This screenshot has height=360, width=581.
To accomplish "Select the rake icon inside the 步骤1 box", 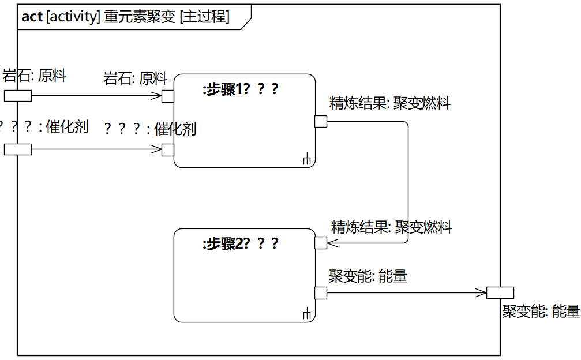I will coord(307,159).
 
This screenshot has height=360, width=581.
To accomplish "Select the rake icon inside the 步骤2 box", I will coord(307,313).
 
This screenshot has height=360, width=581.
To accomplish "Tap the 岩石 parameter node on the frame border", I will coord(18,96).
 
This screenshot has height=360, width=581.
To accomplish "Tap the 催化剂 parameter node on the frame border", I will coord(18,149).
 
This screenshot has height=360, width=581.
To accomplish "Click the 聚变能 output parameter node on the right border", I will coord(500,292).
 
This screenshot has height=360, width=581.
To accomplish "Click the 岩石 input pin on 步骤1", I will coord(168,96).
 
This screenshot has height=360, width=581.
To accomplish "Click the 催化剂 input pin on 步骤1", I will coord(168,149).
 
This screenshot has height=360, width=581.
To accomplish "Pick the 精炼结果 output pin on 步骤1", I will coord(321,121).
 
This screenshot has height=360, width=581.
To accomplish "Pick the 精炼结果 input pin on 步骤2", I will coord(321,243).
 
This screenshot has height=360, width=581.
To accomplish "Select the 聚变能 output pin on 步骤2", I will coord(321,292).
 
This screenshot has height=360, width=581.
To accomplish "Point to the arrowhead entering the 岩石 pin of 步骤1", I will coord(157,96).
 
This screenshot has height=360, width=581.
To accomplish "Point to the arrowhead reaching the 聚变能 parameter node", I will coord(482,292).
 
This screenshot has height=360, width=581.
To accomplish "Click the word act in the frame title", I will coord(32,17).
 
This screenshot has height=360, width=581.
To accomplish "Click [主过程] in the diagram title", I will coord(204,17).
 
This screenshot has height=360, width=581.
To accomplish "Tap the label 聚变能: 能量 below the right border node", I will coord(541,312).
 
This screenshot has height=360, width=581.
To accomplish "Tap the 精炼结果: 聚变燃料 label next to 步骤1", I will coord(389,104).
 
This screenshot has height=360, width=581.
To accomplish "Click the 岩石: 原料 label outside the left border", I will coord(35,75).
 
